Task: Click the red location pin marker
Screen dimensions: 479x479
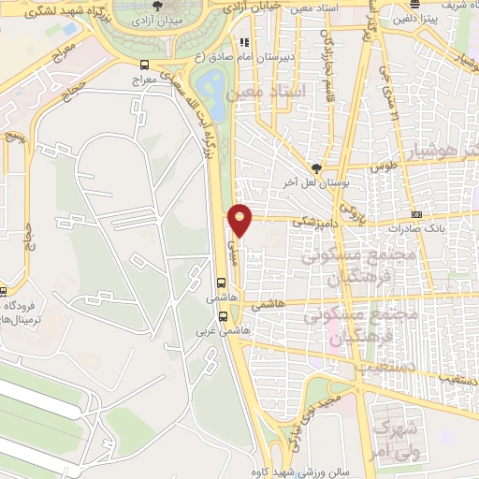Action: pos(241,219)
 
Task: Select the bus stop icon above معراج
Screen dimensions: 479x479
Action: pos(144,65)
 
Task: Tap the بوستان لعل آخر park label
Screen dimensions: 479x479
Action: pos(317,182)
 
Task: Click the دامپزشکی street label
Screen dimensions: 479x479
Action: pos(311,223)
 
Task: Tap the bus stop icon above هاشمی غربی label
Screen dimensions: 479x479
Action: pos(222,282)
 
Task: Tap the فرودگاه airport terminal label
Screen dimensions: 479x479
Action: pos(28,313)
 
